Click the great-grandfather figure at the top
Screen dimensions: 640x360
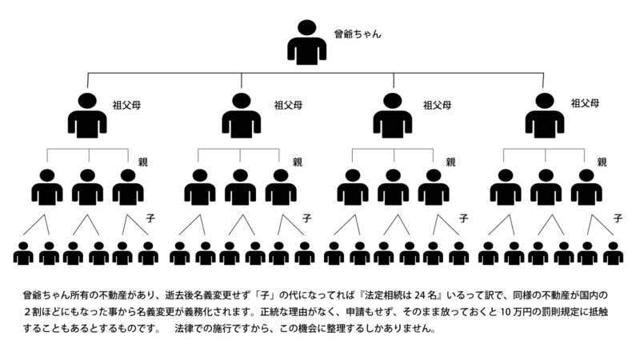(306, 42)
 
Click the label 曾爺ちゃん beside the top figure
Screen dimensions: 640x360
(358, 34)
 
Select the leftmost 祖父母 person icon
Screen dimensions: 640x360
(87, 115)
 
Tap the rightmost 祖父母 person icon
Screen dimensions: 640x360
(545, 115)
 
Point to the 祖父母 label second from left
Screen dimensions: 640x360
(288, 106)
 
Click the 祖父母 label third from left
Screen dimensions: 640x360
(437, 106)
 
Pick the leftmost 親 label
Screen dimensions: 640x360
(143, 162)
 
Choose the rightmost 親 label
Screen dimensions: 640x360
(602, 162)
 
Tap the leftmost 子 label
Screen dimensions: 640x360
(150, 218)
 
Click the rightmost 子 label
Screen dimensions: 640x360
(618, 218)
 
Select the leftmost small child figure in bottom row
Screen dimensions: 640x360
(23, 254)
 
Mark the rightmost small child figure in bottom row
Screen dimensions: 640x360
(613, 254)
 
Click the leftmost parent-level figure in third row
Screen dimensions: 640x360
(47, 187)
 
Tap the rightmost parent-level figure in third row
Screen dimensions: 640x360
(586, 187)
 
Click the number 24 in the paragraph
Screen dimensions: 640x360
(420, 295)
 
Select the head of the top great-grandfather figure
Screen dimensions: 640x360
(307, 28)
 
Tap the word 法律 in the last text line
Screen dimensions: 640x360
(184, 329)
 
